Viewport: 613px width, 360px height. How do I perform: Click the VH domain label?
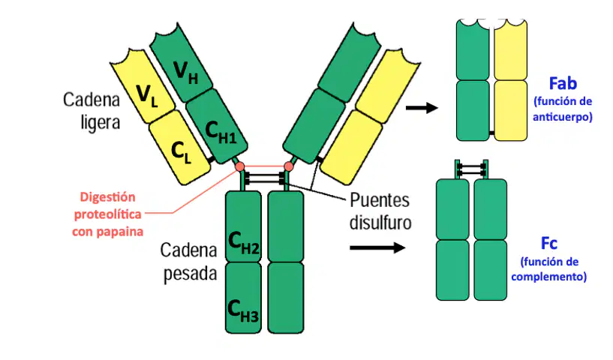185,73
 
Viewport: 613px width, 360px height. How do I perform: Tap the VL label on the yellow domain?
147,96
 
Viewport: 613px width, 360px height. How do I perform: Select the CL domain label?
182,152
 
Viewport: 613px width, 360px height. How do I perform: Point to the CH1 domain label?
221,132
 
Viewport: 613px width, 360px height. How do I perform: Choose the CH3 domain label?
243,310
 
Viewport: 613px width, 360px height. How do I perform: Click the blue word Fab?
563,83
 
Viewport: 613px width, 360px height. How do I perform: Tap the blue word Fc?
549,243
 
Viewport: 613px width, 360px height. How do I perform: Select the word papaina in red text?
119,232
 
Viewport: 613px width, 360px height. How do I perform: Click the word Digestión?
107,196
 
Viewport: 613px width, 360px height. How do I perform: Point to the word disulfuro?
380,223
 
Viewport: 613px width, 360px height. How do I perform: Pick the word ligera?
100,122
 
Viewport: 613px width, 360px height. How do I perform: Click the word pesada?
190,273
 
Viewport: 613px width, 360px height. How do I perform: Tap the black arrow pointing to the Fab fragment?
422,107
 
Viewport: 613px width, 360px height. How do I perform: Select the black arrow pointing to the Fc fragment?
377,247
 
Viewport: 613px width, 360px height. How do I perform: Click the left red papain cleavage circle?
240,167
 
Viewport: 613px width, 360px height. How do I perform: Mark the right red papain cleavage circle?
289,167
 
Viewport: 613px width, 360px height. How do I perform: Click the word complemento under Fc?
549,277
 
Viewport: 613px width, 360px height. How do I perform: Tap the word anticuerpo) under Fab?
563,117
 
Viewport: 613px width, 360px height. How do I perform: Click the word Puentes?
380,200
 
